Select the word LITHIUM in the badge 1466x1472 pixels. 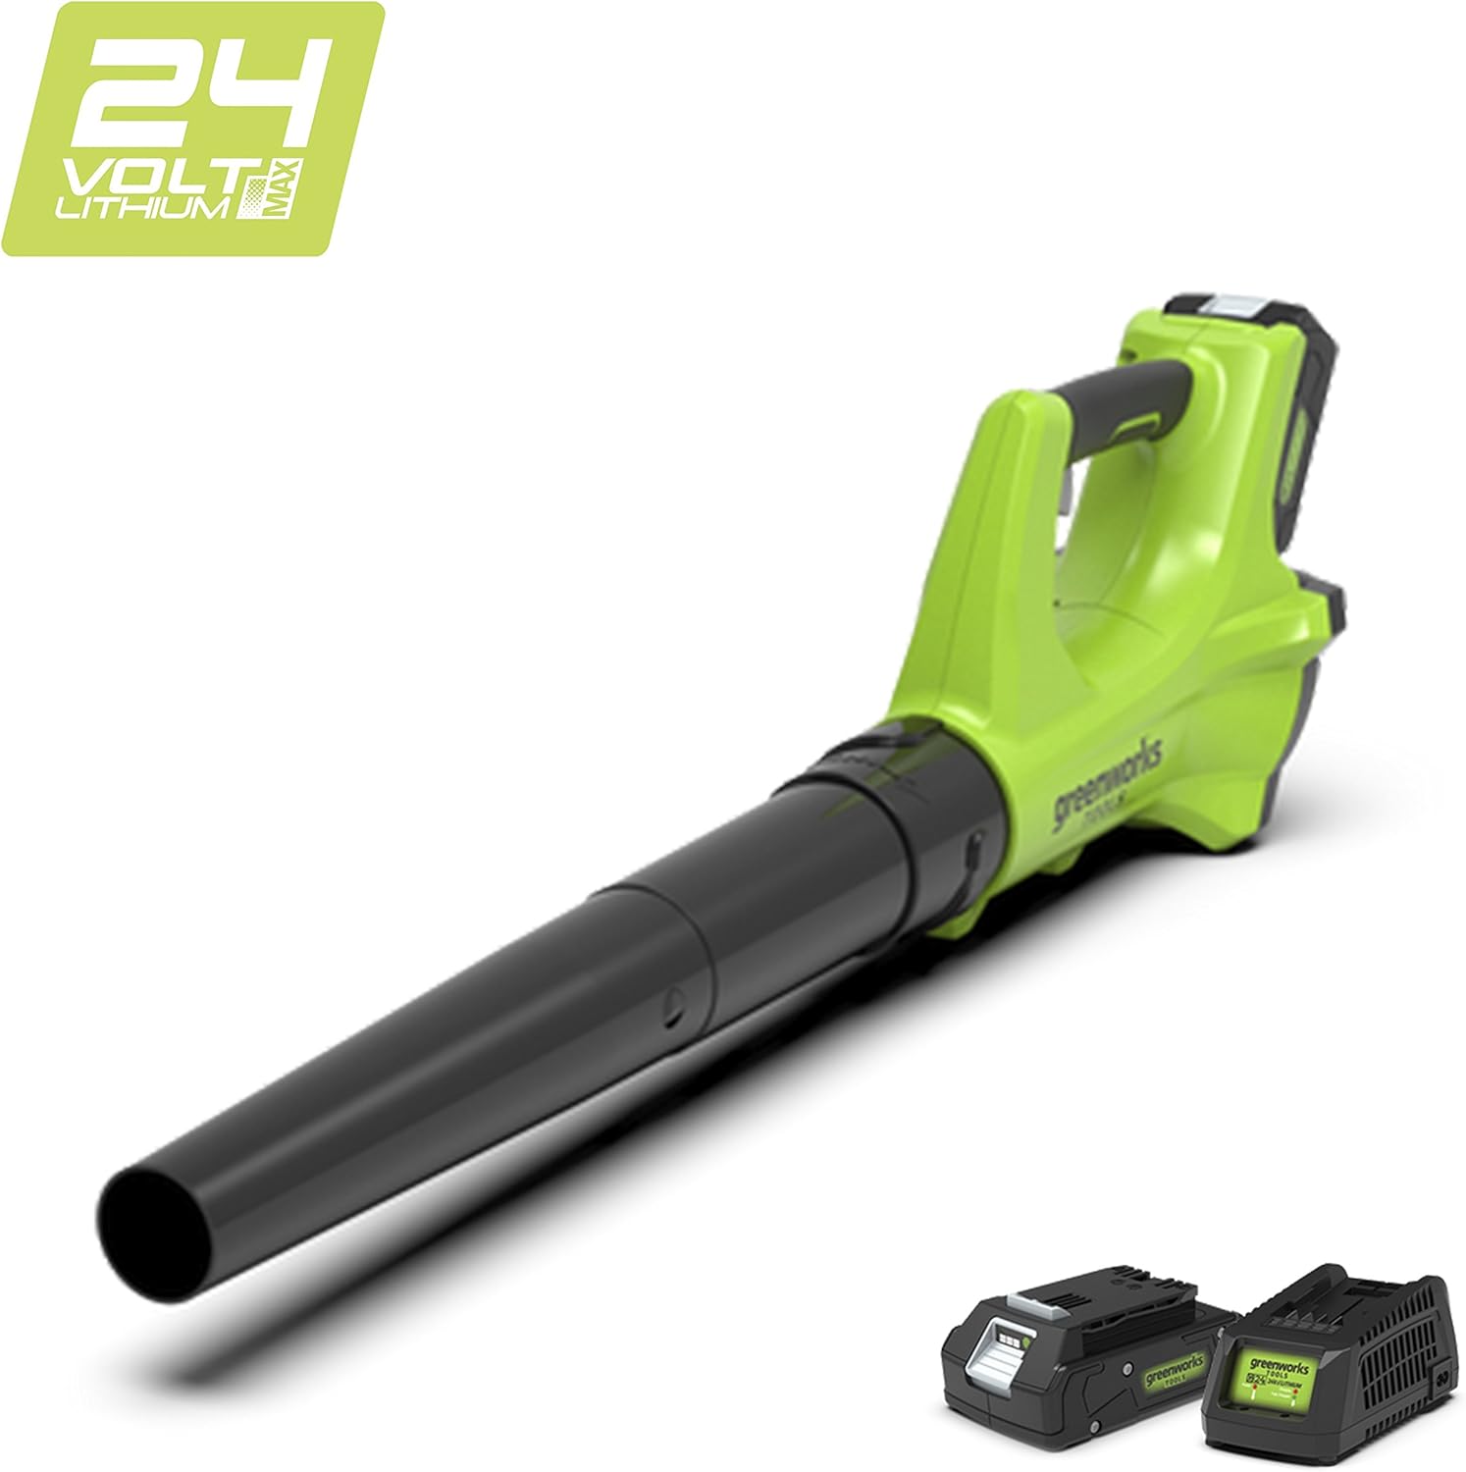pos(146,207)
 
